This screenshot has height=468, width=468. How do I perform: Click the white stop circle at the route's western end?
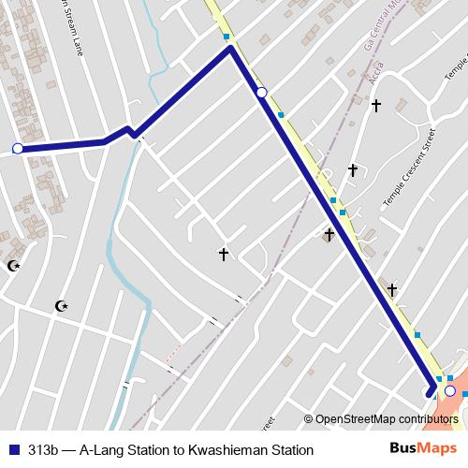click(17, 148)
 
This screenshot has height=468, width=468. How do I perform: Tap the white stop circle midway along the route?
click(262, 92)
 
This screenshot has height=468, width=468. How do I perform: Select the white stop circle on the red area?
click(450, 390)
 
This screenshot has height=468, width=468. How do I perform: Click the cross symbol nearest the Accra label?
click(375, 106)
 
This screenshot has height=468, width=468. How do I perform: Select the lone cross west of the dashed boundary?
click(224, 254)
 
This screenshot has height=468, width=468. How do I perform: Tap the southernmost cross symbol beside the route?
click(392, 290)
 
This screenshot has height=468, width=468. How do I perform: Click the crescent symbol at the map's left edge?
click(13, 266)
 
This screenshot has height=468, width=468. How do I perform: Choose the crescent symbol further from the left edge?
click(62, 305)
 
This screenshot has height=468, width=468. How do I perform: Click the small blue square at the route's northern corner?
click(227, 37)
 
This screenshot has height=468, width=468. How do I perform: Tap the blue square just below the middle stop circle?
click(281, 115)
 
